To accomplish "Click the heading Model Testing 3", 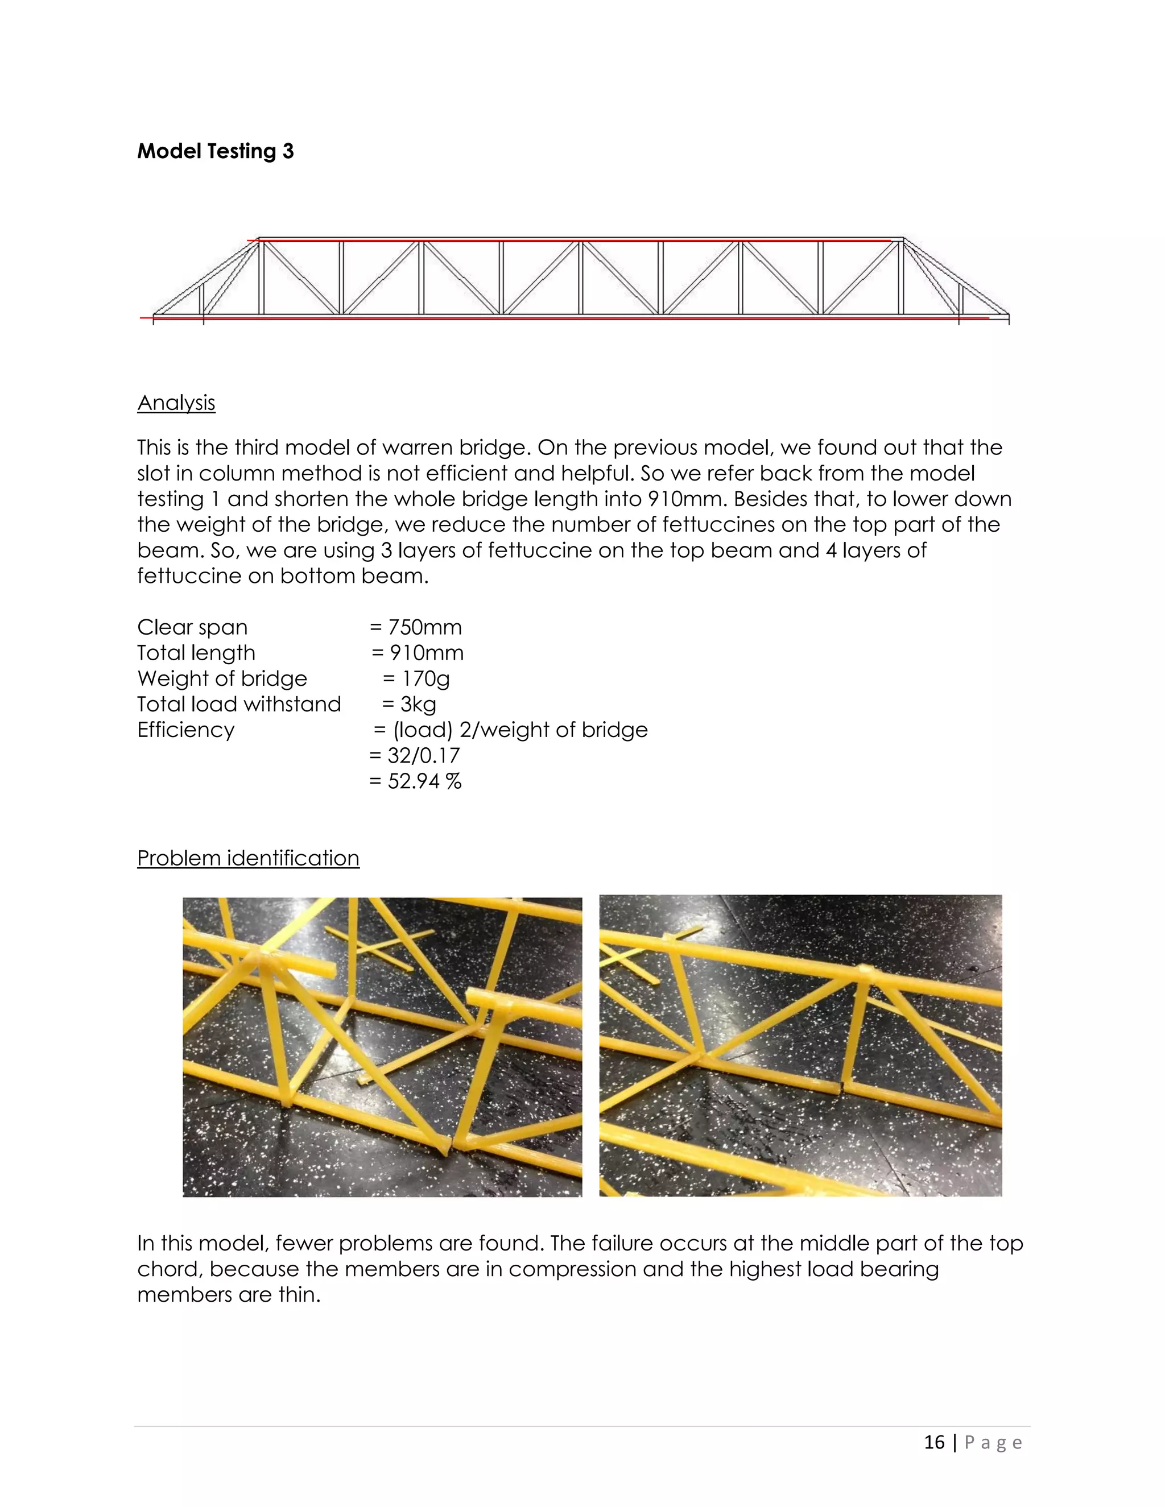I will coord(216,151).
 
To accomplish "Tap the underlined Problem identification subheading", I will coord(248,858).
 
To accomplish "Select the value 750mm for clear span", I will coord(424,627).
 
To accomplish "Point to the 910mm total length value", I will coord(427,653).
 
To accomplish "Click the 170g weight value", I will coord(425,679).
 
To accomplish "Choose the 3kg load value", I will coord(418,705).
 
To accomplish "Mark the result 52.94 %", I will coord(424,781).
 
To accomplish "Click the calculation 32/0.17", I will coord(423,756).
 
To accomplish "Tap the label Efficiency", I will coord(185,730).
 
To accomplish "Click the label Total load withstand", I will coord(239,705).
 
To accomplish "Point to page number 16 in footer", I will coord(934,1442).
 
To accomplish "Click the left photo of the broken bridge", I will coord(382,1047).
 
